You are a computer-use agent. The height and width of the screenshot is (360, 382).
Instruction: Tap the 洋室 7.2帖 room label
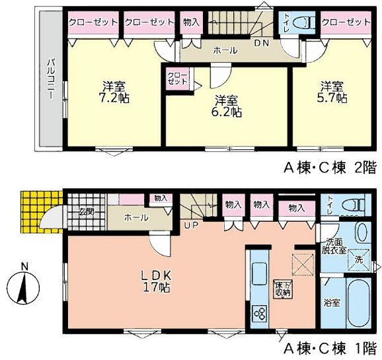point(114,92)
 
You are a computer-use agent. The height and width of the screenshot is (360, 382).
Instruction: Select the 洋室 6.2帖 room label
point(227,106)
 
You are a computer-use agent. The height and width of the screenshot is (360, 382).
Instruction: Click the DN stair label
point(262,43)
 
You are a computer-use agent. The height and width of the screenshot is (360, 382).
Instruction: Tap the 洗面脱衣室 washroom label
point(333,246)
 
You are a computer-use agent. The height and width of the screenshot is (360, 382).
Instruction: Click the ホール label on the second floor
point(224,50)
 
